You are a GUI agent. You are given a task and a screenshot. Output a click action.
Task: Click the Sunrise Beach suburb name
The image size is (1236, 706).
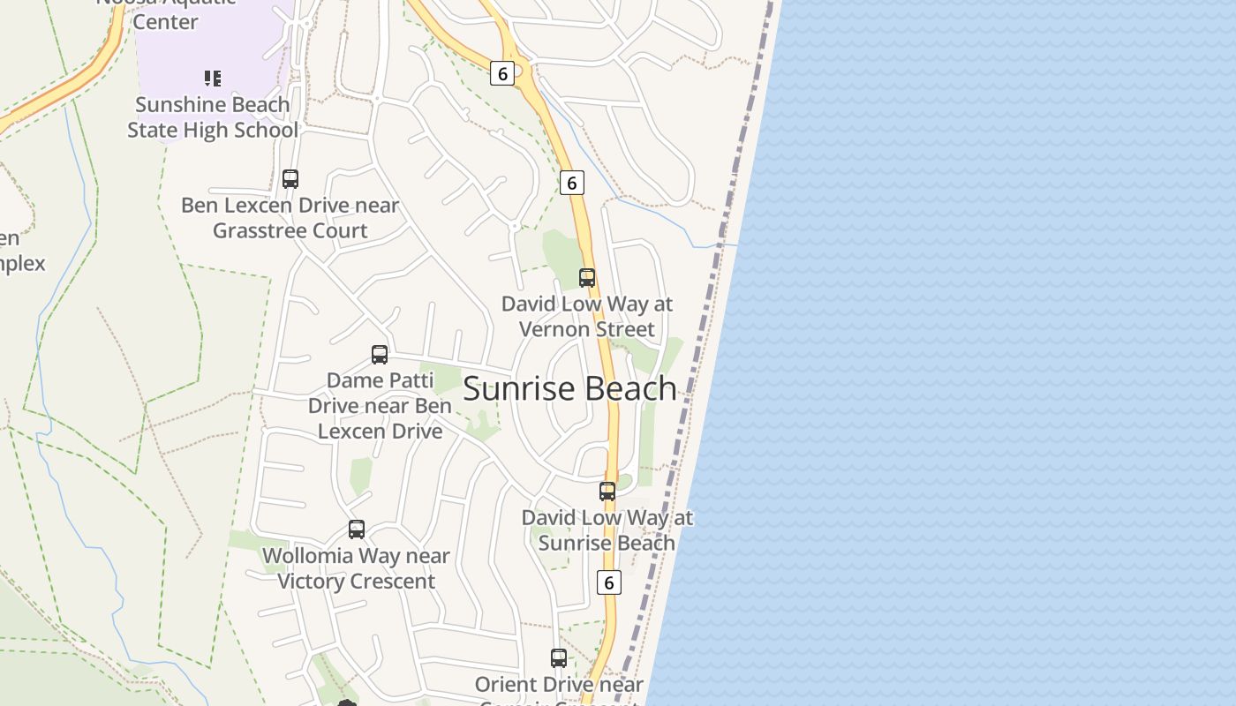click(x=569, y=389)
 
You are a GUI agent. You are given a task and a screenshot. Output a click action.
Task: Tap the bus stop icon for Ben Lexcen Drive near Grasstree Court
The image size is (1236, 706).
click(x=290, y=179)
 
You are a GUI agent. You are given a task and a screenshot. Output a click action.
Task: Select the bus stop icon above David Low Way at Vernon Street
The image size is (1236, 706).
click(x=587, y=278)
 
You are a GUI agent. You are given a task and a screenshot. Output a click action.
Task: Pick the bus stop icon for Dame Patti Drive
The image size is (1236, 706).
click(x=380, y=355)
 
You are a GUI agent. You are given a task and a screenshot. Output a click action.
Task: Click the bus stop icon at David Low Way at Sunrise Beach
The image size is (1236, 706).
click(x=607, y=492)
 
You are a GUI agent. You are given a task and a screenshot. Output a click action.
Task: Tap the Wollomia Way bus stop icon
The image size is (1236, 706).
click(x=357, y=529)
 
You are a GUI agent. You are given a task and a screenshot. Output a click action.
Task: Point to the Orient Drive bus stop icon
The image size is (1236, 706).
click(x=559, y=658)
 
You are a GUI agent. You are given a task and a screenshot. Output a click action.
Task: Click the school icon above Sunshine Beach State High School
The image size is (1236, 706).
click(x=213, y=79)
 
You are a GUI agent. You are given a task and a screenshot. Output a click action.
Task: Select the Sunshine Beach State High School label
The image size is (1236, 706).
click(x=213, y=117)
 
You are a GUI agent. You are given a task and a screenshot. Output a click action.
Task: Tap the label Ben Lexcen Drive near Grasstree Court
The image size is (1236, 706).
click(x=290, y=218)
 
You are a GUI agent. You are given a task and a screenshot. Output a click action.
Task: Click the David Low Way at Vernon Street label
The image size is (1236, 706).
click(x=587, y=316)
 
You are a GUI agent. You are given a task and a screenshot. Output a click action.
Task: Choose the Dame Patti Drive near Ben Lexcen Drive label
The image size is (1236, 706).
click(x=380, y=406)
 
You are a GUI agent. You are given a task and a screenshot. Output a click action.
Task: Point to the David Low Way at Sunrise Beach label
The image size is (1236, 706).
click(x=607, y=530)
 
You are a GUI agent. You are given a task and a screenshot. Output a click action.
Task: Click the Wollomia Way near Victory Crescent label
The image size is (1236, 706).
click(x=357, y=568)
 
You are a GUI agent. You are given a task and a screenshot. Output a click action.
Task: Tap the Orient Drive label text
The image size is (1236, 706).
click(x=559, y=685)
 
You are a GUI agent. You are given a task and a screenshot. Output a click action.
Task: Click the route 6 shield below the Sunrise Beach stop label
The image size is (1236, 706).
click(x=609, y=582)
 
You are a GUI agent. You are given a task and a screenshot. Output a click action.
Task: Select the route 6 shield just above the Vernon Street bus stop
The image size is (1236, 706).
click(x=572, y=183)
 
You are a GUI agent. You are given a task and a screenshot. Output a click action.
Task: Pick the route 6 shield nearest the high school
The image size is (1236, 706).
click(x=502, y=73)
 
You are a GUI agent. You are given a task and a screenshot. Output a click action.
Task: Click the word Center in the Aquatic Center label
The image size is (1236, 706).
click(x=165, y=20)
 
